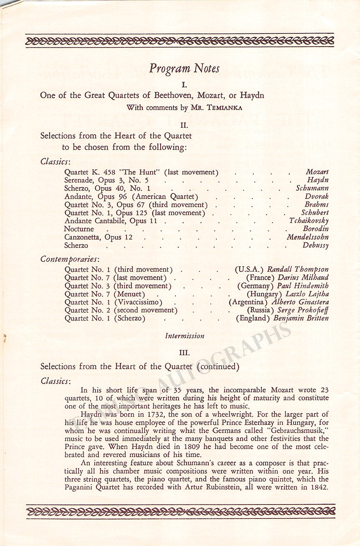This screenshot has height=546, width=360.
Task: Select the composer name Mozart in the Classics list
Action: (x=317, y=172)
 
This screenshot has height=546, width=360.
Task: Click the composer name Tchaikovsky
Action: (x=309, y=221)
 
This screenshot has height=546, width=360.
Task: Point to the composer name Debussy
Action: (x=316, y=245)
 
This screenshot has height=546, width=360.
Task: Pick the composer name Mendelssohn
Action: (x=307, y=237)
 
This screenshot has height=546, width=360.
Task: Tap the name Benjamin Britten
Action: (x=301, y=318)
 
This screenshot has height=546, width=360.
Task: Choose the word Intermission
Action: (x=185, y=336)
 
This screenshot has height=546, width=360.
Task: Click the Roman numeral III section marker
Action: (x=184, y=352)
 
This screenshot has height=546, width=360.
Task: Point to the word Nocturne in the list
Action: (x=79, y=229)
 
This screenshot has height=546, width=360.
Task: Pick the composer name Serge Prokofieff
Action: (x=303, y=310)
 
